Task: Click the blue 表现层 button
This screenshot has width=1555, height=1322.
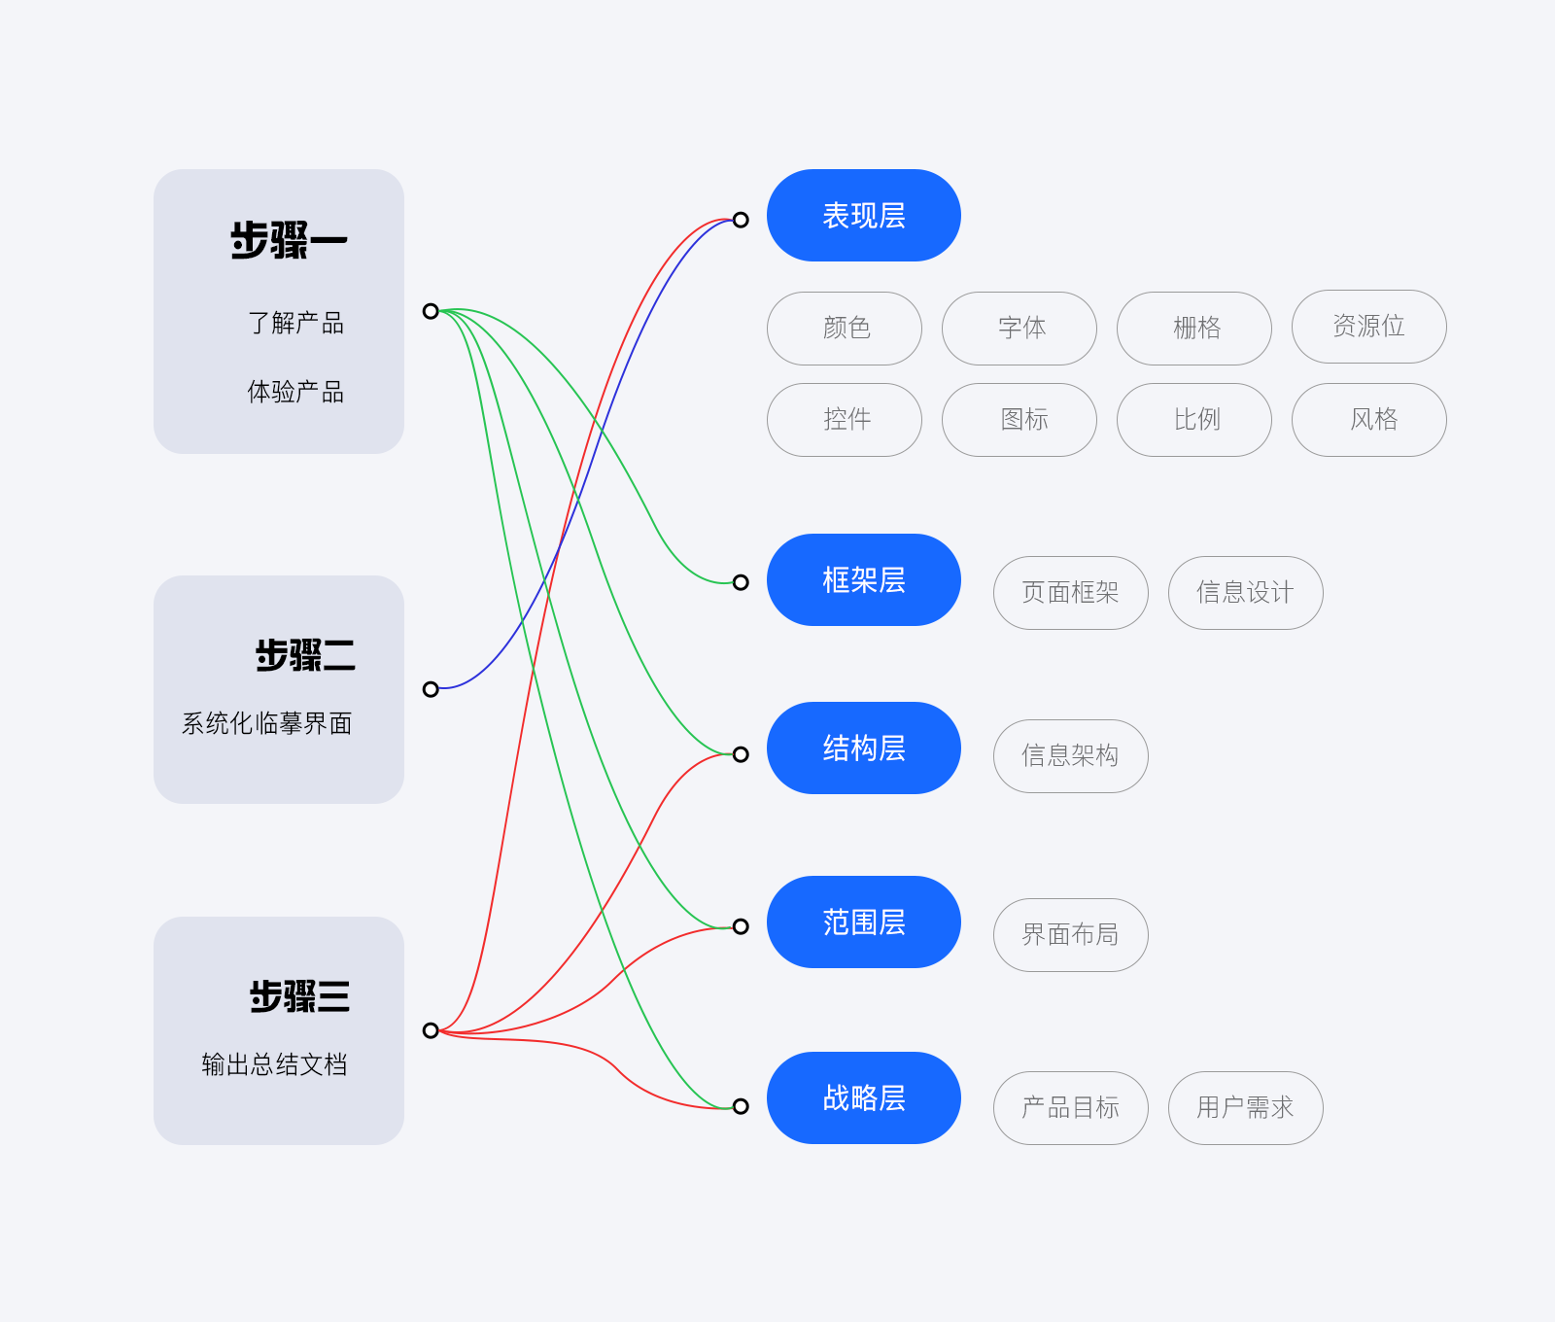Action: [x=863, y=216]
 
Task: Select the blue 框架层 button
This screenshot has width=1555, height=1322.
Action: [x=863, y=580]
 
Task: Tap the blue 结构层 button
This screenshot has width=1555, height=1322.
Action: [x=863, y=748]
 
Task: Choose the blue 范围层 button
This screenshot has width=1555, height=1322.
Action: [x=863, y=922]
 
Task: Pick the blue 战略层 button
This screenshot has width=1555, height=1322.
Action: [x=863, y=1098]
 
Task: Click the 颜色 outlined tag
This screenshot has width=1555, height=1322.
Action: [x=845, y=329]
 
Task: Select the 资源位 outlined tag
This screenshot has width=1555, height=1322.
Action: [x=1368, y=327]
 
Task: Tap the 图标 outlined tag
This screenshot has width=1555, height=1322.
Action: [x=1019, y=420]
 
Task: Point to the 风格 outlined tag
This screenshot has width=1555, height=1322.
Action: [x=1368, y=420]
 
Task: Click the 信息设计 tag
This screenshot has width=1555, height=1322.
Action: [x=1245, y=593]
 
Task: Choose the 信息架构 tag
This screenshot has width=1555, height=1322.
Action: [x=1070, y=756]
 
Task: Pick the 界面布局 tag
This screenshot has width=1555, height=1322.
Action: [x=1070, y=935]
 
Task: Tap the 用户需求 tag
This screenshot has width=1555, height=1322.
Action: [x=1245, y=1108]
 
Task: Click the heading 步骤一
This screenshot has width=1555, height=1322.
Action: [x=289, y=241]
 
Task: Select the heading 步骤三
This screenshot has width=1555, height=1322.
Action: [x=299, y=997]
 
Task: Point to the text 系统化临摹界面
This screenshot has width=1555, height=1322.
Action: [x=267, y=724]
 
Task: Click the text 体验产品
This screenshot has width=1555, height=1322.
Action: [x=295, y=393]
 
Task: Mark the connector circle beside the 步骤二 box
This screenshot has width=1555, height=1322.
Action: [x=431, y=689]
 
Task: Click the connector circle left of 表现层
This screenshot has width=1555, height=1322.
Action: [x=741, y=220]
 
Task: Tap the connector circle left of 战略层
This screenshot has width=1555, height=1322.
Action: [x=741, y=1106]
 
